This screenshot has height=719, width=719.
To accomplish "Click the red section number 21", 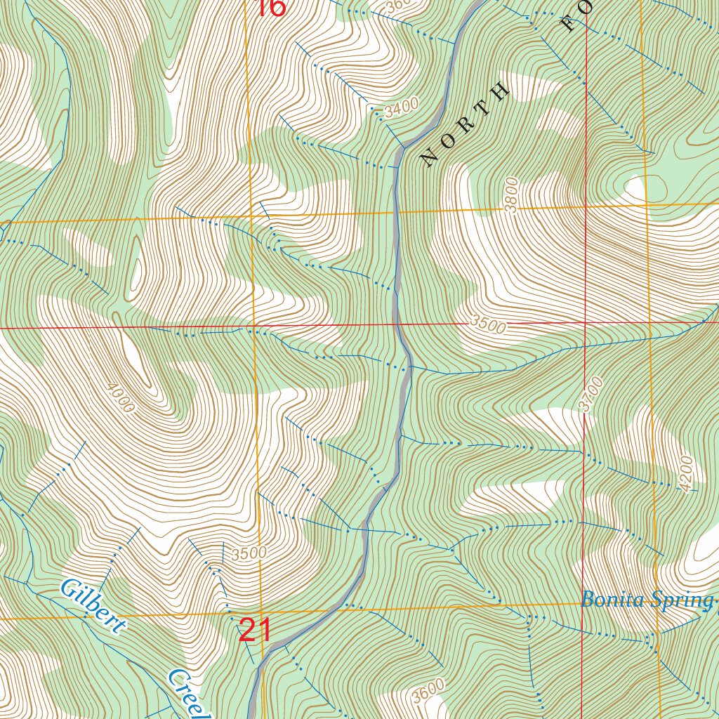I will point(255,630).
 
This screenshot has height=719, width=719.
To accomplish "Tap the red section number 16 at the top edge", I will point(271,7).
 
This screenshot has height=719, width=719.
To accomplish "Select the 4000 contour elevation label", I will point(121,398).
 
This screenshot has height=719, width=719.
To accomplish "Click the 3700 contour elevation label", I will point(591,394).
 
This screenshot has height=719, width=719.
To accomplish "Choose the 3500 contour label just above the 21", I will point(249,553).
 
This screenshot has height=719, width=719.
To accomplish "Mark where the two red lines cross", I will point(585,324).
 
